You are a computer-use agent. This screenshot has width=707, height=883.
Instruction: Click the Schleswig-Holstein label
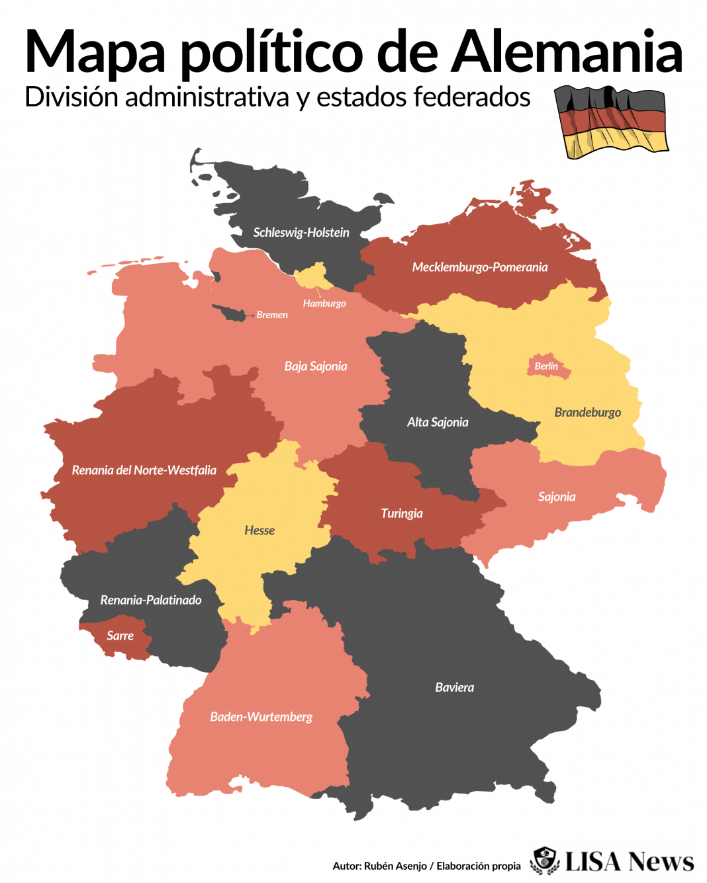[x=301, y=233]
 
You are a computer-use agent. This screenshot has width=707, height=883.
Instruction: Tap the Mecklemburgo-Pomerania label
[x=479, y=267]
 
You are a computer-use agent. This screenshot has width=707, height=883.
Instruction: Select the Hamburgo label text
[x=324, y=304]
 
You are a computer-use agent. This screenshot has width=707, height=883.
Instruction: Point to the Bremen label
[x=272, y=315]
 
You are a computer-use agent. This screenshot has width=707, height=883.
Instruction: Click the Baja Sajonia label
[x=316, y=366]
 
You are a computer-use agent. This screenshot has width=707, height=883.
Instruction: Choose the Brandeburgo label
[x=587, y=413]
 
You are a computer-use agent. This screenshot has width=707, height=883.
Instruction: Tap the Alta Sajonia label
[x=438, y=423]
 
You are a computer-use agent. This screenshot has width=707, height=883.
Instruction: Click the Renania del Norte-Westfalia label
[x=144, y=470]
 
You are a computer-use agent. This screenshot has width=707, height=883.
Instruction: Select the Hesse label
[x=259, y=530]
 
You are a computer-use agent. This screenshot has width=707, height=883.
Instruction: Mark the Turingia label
[x=401, y=514]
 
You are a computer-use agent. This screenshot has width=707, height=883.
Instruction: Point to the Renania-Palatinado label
[x=151, y=601]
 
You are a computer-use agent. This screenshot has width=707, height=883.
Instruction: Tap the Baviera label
[x=454, y=688]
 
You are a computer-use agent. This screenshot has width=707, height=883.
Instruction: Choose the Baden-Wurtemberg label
[x=261, y=717]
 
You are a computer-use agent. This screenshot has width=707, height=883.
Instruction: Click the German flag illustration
[x=610, y=122]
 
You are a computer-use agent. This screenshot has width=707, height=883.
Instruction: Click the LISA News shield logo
[x=545, y=861]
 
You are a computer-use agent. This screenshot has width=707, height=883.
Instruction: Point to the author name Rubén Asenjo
[x=395, y=866]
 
